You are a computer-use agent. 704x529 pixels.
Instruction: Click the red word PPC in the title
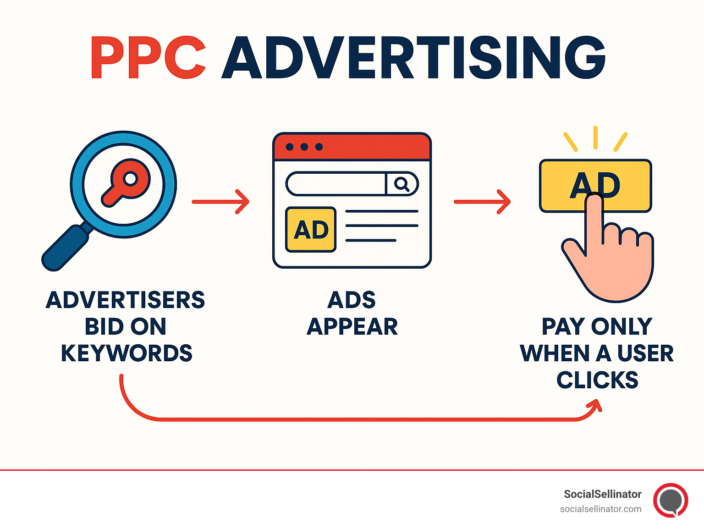[x=148, y=58]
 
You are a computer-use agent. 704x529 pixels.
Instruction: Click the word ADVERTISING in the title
[x=413, y=58]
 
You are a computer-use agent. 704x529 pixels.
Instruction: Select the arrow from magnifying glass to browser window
[x=220, y=202]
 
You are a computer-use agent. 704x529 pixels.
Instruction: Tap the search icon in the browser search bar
[x=401, y=184]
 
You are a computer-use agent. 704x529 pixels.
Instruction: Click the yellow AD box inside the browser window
[x=311, y=230]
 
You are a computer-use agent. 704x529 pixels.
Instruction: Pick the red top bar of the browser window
[x=352, y=147]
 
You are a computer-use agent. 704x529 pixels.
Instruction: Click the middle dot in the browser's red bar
[x=304, y=147]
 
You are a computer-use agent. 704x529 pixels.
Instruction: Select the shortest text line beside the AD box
[x=370, y=240]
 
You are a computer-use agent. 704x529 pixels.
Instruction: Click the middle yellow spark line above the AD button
[x=595, y=138]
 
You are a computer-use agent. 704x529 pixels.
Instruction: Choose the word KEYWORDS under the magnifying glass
[x=126, y=353]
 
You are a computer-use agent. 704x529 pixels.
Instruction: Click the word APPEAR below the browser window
[x=352, y=327]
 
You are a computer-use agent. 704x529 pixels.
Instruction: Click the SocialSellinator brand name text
[x=602, y=494]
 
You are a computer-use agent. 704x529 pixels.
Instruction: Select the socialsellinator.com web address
[x=600, y=509]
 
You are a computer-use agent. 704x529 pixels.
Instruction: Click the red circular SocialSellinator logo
[x=671, y=500]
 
